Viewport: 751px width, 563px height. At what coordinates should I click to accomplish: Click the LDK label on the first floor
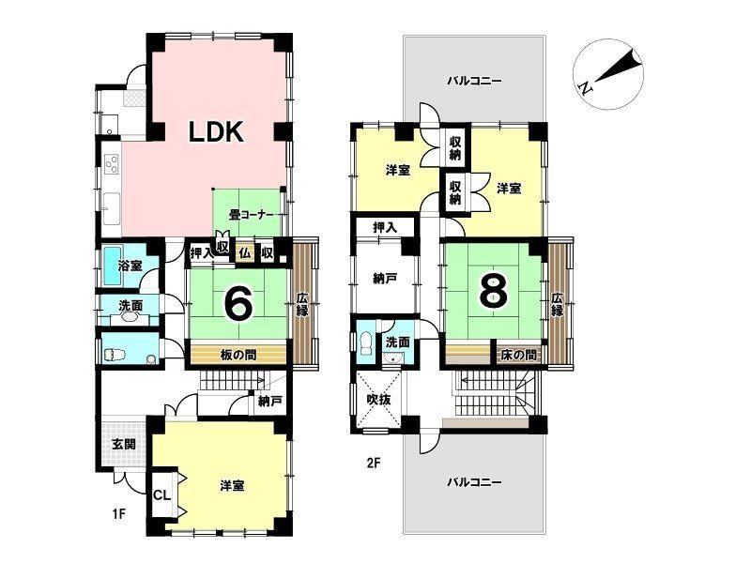coord(216,131)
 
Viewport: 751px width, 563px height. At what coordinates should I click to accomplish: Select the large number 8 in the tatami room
coord(494,292)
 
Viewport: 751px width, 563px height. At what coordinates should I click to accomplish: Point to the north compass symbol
coord(608,74)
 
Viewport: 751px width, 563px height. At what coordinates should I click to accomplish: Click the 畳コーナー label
coord(251,216)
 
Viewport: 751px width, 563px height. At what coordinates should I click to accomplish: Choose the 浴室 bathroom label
coord(130,266)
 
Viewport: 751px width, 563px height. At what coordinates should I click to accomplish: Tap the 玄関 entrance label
coord(124,444)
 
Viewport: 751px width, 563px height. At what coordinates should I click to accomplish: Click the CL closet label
coord(161,495)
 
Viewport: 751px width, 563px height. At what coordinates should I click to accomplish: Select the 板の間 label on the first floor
coord(238,356)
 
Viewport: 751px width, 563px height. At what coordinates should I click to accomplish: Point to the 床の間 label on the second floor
coord(519,356)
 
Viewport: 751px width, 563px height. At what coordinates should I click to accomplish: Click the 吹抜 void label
coord(379,400)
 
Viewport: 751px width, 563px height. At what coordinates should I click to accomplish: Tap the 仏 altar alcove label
coord(245,251)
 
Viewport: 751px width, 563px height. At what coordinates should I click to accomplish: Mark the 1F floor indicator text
coord(119,514)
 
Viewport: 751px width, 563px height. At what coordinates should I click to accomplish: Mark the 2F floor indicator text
coord(374,463)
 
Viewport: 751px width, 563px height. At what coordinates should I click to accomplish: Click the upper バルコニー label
coord(474,81)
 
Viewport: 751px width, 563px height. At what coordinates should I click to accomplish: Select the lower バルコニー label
coord(474,481)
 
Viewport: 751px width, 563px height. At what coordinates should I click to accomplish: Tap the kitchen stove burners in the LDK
coord(112,163)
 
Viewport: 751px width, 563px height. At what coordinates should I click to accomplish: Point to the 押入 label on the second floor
coord(385,228)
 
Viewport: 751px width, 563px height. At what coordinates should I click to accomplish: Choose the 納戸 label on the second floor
coord(384,279)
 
